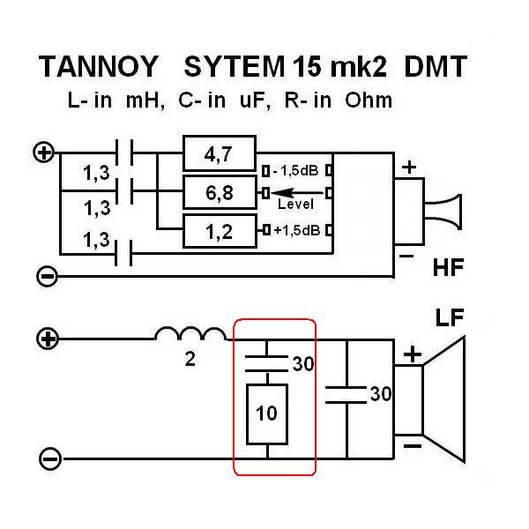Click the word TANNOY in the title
(x=98, y=66)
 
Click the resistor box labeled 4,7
(x=219, y=154)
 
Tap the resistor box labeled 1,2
(x=219, y=231)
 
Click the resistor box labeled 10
(x=267, y=414)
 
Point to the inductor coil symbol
(x=190, y=334)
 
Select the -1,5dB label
(x=296, y=169)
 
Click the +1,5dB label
(x=296, y=231)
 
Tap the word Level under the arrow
(x=295, y=205)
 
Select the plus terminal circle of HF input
(x=44, y=152)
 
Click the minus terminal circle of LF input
(x=50, y=458)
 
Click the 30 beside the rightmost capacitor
(x=380, y=394)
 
